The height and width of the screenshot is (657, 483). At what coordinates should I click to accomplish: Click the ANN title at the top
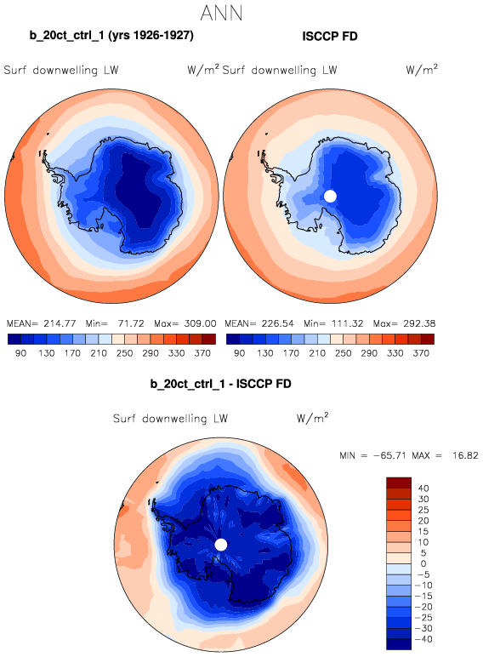(221, 13)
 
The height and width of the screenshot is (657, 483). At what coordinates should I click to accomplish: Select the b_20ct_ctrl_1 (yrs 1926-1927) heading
(111, 35)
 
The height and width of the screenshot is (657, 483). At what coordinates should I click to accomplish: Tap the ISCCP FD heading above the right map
(330, 37)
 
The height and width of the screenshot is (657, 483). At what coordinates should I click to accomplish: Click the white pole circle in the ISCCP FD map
(330, 196)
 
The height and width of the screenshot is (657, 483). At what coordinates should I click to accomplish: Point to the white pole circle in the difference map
(221, 545)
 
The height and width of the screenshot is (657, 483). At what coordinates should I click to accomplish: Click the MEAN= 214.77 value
(42, 323)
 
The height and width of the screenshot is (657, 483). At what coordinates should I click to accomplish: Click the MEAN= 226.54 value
(259, 323)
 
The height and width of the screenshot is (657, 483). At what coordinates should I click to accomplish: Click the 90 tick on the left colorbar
(21, 353)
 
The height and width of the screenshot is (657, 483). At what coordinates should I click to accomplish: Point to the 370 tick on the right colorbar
(421, 353)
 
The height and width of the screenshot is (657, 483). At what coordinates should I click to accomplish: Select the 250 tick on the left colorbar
(125, 353)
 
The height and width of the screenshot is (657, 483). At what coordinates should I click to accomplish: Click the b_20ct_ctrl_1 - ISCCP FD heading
(220, 384)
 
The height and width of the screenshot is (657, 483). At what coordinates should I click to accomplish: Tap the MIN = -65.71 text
(373, 455)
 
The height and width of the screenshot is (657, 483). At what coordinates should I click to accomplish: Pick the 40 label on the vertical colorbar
(423, 488)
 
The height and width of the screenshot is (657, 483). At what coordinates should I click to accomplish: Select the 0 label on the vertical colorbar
(423, 563)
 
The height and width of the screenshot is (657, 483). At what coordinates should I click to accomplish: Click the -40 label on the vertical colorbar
(423, 639)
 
